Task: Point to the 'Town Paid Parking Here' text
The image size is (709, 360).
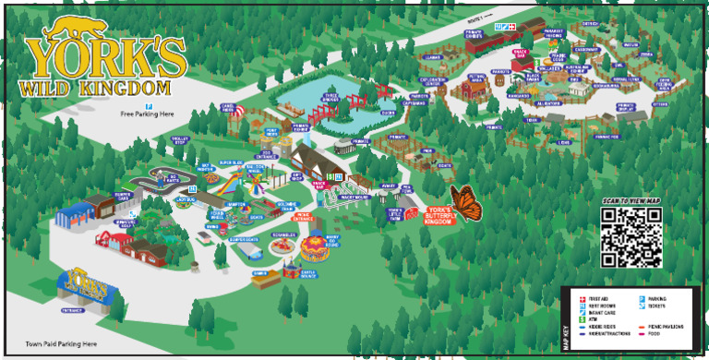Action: click(x=62, y=343)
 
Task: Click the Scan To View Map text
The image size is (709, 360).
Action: click(x=631, y=200)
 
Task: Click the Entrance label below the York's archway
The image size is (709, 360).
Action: click(x=73, y=311)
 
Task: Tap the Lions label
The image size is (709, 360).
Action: click(x=563, y=142)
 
